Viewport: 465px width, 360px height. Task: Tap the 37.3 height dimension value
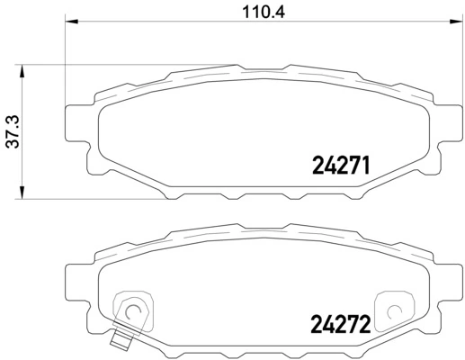pyautogui.click(x=10, y=131)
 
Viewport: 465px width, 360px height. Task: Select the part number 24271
pyautogui.click(x=341, y=165)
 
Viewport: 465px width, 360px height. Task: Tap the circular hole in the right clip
pyautogui.click(x=393, y=313)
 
